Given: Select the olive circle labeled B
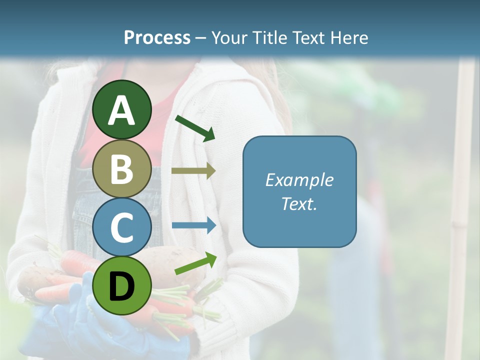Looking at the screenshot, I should point(122,169).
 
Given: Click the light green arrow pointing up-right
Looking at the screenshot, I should point(195,263).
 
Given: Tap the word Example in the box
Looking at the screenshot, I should point(299,180).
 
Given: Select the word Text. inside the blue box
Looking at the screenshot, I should point(299,204).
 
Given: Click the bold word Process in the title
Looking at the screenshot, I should point(157,38).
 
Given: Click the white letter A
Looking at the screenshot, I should point(122,111).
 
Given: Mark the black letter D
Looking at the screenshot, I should point(122,287).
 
